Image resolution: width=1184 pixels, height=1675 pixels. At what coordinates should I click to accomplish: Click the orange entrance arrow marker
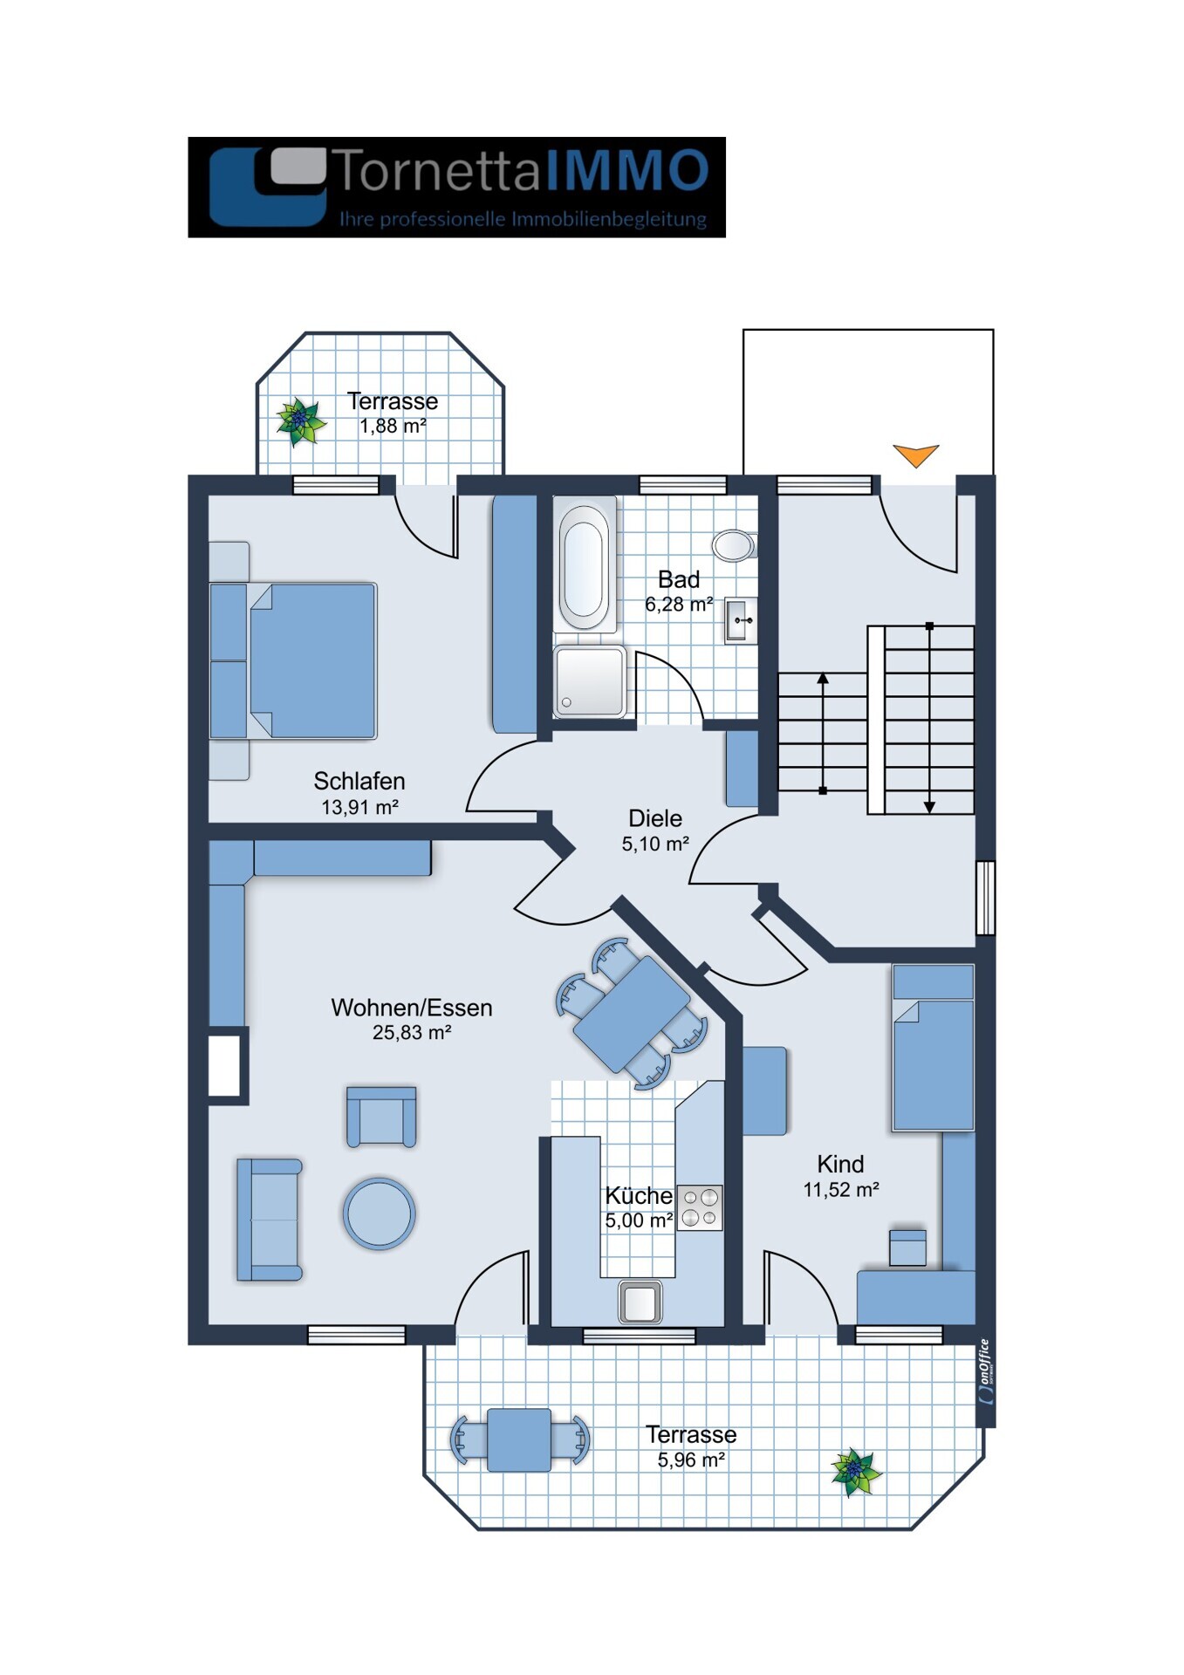pos(915,455)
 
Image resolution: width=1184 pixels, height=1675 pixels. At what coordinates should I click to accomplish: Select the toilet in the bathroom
pos(735,545)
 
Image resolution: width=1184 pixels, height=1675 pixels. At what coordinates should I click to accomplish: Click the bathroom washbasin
pos(741,620)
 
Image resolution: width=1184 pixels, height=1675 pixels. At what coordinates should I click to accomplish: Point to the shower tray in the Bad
pos(590,681)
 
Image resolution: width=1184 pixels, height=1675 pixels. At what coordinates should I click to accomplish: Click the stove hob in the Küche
pos(700,1208)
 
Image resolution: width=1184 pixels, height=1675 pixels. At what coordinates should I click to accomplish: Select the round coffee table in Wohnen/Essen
pos(379,1214)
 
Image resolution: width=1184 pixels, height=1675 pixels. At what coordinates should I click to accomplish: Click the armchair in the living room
pos(381,1117)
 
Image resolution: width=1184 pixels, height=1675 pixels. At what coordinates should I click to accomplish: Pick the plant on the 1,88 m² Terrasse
pos(300,421)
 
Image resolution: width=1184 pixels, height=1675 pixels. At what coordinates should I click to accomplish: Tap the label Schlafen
pos(359,781)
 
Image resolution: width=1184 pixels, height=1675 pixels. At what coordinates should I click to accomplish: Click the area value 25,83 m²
pos(412,1033)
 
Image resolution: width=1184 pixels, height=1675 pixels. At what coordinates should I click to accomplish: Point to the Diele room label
pos(655,818)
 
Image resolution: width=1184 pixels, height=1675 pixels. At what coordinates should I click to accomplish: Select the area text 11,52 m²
pos(841,1190)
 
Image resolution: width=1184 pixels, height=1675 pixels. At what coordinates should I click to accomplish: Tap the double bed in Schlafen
pos(294,660)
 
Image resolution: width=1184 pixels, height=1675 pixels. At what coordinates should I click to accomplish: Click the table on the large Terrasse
pos(519,1439)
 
